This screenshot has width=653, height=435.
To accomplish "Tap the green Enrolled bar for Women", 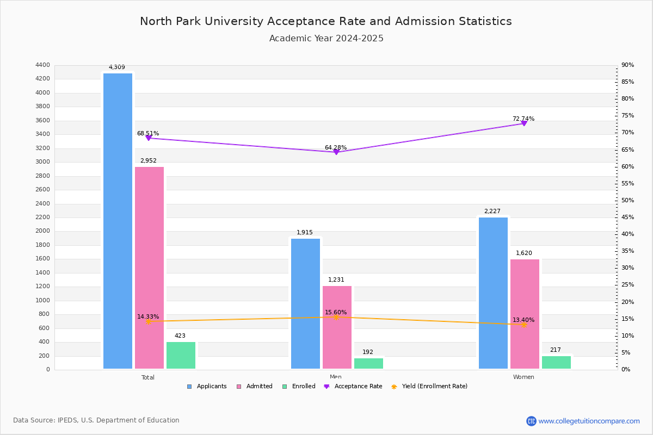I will (x=556, y=362).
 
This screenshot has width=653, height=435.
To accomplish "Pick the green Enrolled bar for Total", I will (x=181, y=355).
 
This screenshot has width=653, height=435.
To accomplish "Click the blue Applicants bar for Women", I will (x=493, y=293).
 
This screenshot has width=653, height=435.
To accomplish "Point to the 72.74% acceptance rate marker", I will (x=523, y=123).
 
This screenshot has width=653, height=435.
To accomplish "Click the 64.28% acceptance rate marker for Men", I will (x=336, y=152).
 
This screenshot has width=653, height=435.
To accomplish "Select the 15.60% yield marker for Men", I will (x=336, y=317).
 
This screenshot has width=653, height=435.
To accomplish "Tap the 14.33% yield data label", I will (x=148, y=316).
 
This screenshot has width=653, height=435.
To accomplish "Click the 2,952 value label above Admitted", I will (x=148, y=160).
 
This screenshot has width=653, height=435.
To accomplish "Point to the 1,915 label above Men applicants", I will (x=305, y=232).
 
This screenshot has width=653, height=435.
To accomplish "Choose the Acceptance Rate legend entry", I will (x=353, y=386).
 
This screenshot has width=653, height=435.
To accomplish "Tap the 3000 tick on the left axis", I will (x=43, y=162).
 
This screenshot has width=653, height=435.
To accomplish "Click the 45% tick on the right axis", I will (x=627, y=217).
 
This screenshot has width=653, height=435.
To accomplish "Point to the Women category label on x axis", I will (x=523, y=377).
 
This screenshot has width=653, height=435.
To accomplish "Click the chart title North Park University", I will (x=325, y=21).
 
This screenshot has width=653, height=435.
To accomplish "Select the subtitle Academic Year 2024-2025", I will (x=326, y=39).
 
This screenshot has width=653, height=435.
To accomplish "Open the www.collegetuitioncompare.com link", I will (x=589, y=421).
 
